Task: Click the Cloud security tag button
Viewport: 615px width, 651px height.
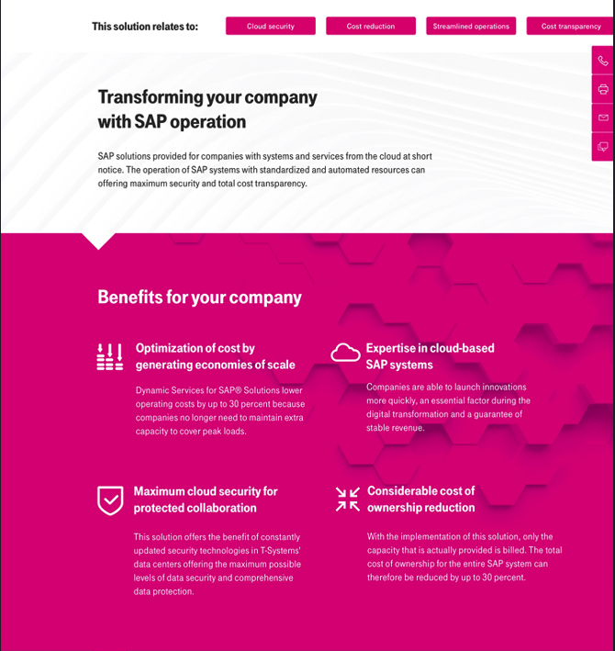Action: point(271,27)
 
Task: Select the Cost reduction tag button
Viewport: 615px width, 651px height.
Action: point(371,27)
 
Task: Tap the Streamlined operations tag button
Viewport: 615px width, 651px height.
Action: point(471,27)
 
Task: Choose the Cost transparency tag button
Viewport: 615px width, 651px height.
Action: point(570,27)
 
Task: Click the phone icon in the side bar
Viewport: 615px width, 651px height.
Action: point(603,61)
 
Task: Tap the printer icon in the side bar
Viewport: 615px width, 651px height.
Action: point(603,89)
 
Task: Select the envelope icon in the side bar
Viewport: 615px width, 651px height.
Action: point(603,118)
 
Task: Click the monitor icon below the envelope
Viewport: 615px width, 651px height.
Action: point(603,146)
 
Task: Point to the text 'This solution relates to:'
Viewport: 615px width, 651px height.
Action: point(145,27)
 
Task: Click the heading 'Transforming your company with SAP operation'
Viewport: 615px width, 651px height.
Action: point(207,109)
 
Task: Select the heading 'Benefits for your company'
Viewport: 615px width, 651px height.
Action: point(199,297)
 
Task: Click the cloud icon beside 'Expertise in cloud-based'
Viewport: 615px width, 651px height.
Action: point(345,353)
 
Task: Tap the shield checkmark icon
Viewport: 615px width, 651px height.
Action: point(110,500)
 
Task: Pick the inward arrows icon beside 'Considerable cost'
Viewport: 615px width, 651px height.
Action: point(348,499)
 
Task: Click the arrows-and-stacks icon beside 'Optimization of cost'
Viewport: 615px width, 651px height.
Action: point(110,357)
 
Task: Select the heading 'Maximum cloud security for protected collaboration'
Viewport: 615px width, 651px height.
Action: point(206,499)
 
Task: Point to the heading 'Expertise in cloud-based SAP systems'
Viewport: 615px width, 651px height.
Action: point(430,356)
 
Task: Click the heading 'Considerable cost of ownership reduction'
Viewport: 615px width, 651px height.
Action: point(421,499)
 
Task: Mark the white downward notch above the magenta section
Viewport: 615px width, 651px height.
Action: point(98,240)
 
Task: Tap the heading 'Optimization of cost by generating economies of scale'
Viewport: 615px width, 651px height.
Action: point(216,356)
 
